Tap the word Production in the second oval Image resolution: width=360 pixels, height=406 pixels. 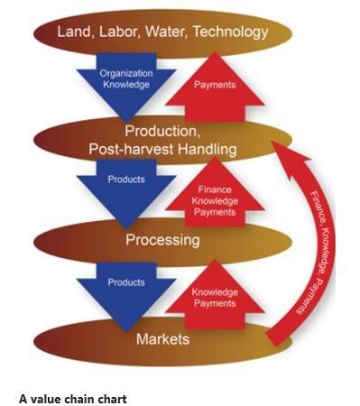click(162, 133)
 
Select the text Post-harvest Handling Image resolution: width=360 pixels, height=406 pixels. click(162, 149)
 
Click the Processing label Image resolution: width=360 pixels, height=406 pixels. click(162, 241)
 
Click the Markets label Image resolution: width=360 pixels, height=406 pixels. click(162, 339)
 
